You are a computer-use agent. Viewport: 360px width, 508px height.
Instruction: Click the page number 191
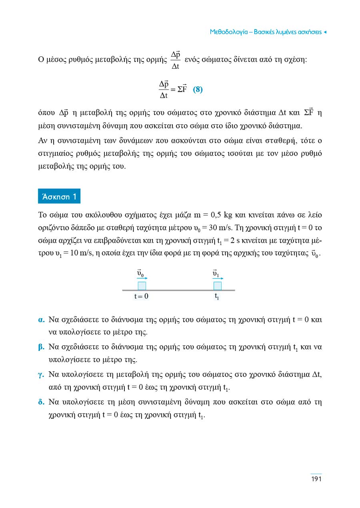click(316, 479)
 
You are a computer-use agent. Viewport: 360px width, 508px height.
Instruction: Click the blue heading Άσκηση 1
click(59, 196)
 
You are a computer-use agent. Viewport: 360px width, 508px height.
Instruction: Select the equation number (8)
click(198, 90)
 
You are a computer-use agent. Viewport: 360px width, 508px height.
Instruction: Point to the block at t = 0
click(142, 286)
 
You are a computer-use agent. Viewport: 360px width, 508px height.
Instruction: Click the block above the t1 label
click(217, 286)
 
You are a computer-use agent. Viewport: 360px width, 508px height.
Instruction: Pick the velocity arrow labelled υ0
click(142, 278)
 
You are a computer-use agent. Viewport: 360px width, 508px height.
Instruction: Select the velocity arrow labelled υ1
click(218, 278)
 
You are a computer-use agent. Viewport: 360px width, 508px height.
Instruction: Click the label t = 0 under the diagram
click(141, 297)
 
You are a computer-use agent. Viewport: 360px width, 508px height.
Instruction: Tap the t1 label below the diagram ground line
click(217, 297)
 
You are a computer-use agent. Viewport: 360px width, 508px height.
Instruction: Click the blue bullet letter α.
click(41, 320)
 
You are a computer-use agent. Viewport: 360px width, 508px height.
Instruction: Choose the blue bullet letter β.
click(41, 347)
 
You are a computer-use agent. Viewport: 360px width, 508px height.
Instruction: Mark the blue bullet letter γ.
click(41, 375)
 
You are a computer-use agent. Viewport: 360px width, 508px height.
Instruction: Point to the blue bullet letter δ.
click(41, 402)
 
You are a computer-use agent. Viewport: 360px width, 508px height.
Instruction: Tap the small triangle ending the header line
click(325, 32)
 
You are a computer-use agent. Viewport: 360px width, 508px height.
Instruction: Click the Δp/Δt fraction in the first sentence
click(175, 60)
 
